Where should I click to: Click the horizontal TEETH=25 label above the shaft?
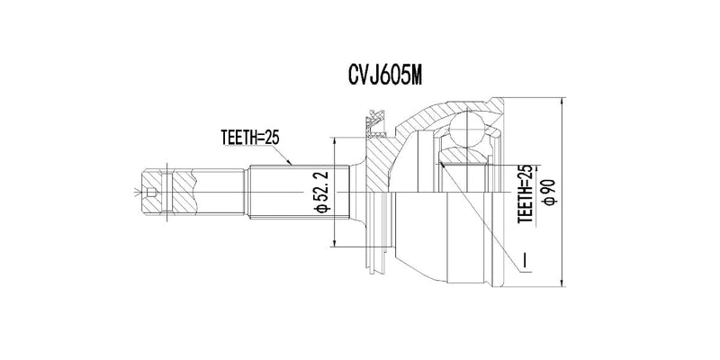(x=252, y=138)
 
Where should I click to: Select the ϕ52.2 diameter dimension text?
(x=321, y=192)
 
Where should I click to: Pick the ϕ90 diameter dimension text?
(x=547, y=192)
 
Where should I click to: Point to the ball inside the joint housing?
(x=467, y=130)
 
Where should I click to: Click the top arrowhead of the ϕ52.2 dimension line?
(x=334, y=142)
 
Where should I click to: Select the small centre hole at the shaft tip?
(x=153, y=193)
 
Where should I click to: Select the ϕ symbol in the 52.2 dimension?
(x=321, y=211)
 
